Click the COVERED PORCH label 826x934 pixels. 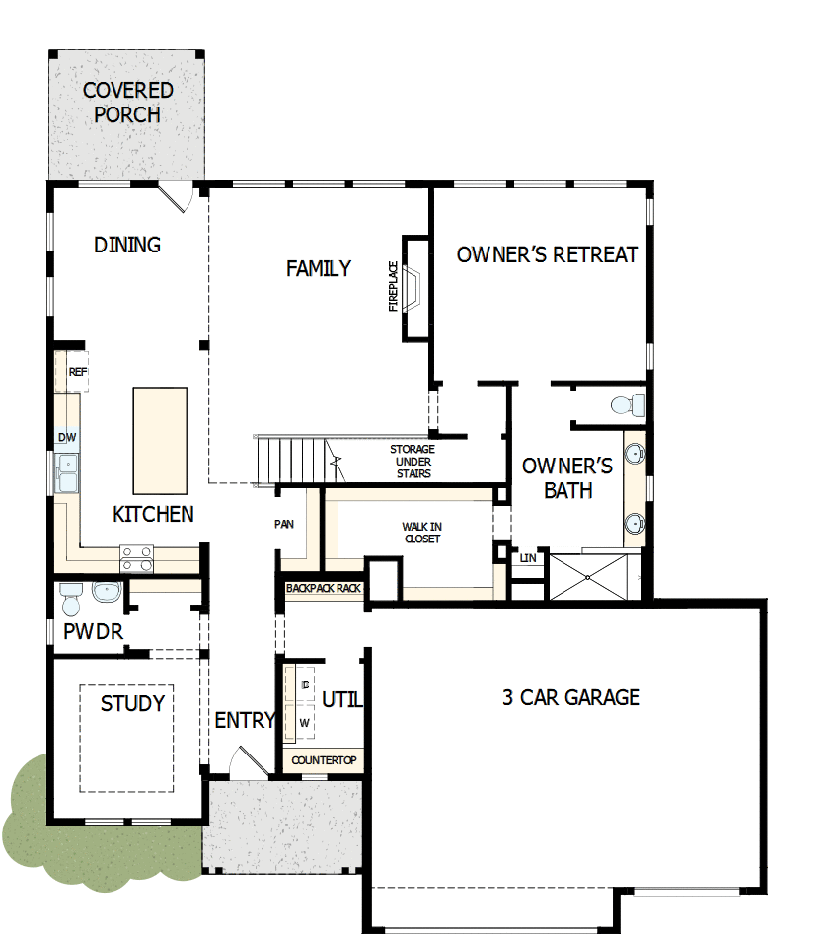pos(127,103)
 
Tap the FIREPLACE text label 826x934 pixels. pos(393,286)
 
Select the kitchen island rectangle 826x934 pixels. pos(160,440)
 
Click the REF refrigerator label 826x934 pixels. pos(77,372)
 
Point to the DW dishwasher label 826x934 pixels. pos(67,437)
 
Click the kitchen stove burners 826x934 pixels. pos(137,559)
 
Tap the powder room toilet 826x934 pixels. pos(70,595)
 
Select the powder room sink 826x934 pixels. pos(105,592)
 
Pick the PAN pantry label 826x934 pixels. pos(284,525)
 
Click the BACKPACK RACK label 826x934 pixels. pos(323,588)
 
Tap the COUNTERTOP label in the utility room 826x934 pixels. pos(324,761)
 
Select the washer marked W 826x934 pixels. pos(304,722)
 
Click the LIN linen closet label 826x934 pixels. pos(527,558)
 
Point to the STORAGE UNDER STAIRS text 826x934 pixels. pos(413,462)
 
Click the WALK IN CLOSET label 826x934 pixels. pos(421,533)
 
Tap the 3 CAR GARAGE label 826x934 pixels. pos(571,698)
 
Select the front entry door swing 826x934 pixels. pos(244,762)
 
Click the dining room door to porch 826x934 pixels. pos(178,196)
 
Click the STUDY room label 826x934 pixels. pos(132,704)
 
